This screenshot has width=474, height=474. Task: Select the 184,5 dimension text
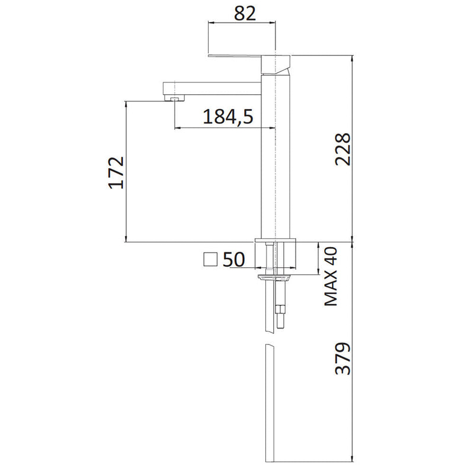click(x=228, y=117)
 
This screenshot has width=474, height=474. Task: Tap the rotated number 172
click(x=116, y=173)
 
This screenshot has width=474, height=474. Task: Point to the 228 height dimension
click(x=343, y=149)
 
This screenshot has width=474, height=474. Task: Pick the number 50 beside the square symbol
click(x=234, y=260)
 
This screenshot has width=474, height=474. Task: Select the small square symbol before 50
click(x=210, y=260)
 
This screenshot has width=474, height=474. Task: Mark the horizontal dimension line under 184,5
click(x=225, y=128)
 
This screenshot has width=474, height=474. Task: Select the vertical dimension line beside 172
click(x=126, y=172)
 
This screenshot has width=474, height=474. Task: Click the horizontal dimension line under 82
click(x=241, y=24)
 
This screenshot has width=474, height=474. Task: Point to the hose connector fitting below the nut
click(x=281, y=314)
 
